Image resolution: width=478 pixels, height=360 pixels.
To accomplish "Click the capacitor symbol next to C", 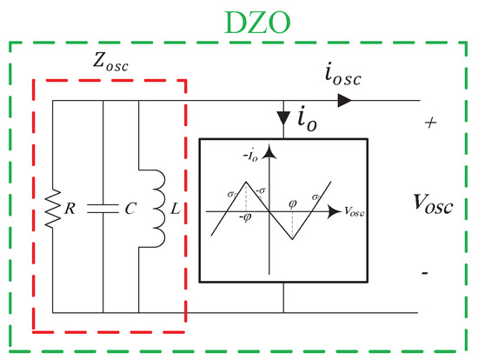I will coord(103,209).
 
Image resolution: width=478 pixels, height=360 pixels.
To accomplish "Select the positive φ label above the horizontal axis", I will coord(295,204).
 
